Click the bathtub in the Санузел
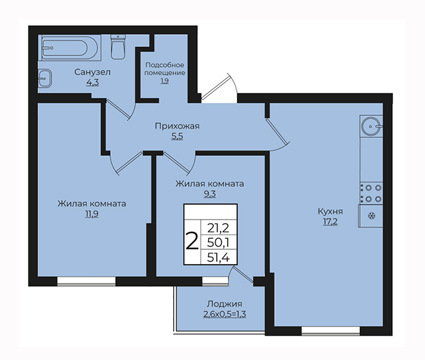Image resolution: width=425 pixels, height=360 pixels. pos(70,48)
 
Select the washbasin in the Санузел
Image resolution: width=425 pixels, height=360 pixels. pos(44,79)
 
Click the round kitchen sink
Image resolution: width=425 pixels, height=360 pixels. pos(371,126)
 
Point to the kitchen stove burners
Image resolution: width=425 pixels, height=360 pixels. pos(371,193)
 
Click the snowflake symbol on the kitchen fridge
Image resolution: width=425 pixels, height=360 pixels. pos(372,216)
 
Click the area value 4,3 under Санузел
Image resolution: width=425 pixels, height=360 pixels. pos(93,82)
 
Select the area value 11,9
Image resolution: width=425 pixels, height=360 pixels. pos(92,214)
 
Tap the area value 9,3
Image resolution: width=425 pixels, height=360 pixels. pos(210,194)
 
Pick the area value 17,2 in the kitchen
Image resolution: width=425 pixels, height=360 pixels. pos(330,222)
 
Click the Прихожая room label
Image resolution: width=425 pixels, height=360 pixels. pos(177,126)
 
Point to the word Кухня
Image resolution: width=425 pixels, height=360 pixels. pos(330,211)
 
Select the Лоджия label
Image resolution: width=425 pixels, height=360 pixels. pos(225,304)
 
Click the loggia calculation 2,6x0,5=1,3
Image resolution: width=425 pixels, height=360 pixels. pos(225,314)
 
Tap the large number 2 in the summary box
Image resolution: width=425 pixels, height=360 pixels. pos(192,242)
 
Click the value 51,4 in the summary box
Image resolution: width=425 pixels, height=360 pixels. pos(218,258)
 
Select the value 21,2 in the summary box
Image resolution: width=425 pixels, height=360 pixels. pos(218,228)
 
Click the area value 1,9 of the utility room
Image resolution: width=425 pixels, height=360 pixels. pos(164,81)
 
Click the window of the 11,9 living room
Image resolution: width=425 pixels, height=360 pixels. pos(86,281)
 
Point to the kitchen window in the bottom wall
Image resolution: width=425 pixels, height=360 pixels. pos(330,331)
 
